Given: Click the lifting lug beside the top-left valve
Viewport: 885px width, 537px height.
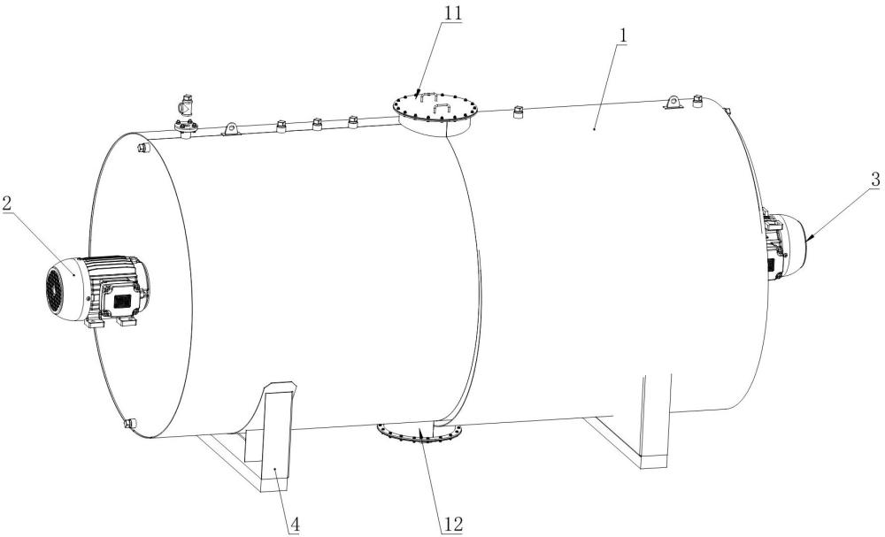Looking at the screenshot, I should click(x=231, y=129).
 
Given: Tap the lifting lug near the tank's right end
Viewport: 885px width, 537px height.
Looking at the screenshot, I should click(x=674, y=103).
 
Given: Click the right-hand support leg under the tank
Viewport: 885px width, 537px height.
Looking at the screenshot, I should click(x=655, y=416).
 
